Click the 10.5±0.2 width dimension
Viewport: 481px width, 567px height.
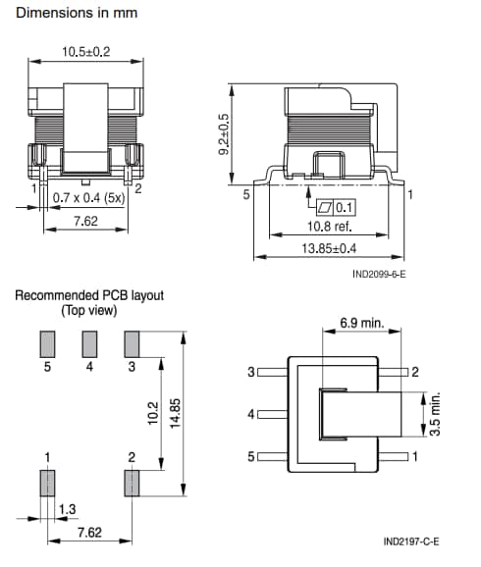(x=86, y=50)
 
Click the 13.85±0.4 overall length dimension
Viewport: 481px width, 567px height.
(x=329, y=249)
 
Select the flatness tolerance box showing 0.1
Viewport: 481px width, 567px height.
(x=333, y=208)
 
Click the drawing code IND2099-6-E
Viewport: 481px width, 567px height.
(x=379, y=275)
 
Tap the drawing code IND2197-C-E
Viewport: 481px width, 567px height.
(x=411, y=541)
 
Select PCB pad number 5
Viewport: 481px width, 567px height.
(x=45, y=343)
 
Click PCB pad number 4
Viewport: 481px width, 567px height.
(x=89, y=343)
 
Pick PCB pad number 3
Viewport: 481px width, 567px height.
(x=132, y=343)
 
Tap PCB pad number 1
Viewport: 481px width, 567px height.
(x=45, y=484)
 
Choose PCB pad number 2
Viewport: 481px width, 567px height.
(x=132, y=484)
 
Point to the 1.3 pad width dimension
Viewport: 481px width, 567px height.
(x=68, y=509)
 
